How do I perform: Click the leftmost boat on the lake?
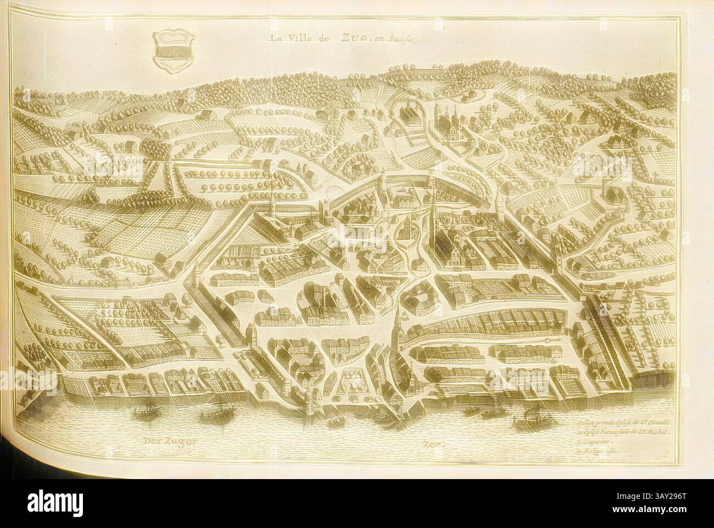click(x=144, y=409)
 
